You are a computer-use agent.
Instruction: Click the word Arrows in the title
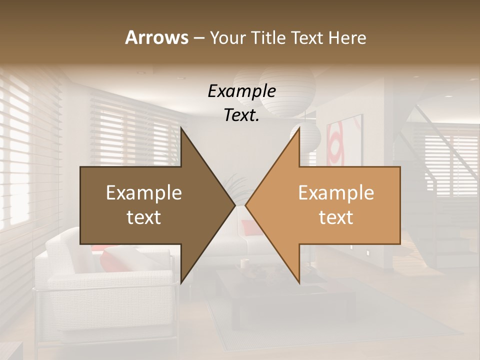(x=156, y=37)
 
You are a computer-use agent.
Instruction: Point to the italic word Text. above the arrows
(x=241, y=115)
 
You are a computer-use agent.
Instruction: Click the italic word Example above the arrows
(x=241, y=91)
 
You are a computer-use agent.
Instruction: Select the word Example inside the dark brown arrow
(x=143, y=193)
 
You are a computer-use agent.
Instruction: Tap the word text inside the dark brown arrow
(x=143, y=217)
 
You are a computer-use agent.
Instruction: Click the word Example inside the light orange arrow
(x=336, y=193)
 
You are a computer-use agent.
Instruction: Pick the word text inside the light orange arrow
(x=336, y=217)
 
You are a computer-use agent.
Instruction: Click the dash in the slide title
(x=198, y=38)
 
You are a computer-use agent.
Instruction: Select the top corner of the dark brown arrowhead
(x=181, y=128)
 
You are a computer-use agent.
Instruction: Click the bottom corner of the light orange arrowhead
(x=299, y=283)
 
